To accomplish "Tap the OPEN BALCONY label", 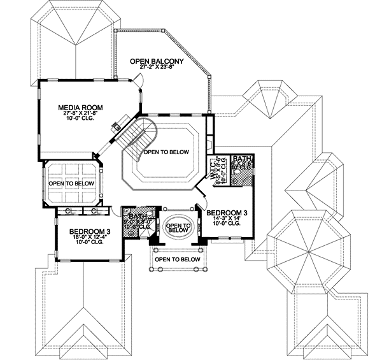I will (157, 61).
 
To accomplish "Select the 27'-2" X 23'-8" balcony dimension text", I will (157, 69).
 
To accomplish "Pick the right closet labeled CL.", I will (95, 211).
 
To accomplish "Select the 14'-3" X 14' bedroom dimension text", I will (227, 218).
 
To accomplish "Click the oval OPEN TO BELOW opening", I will (178, 228).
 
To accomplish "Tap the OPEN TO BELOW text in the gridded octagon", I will (71, 184).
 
